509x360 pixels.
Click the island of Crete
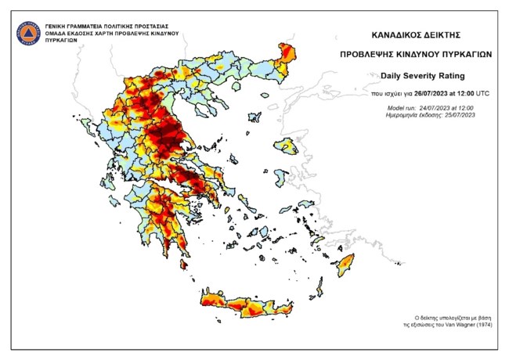coord(251,305)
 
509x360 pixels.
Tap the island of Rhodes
coord(345,264)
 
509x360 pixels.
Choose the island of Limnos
coord(254,117)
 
